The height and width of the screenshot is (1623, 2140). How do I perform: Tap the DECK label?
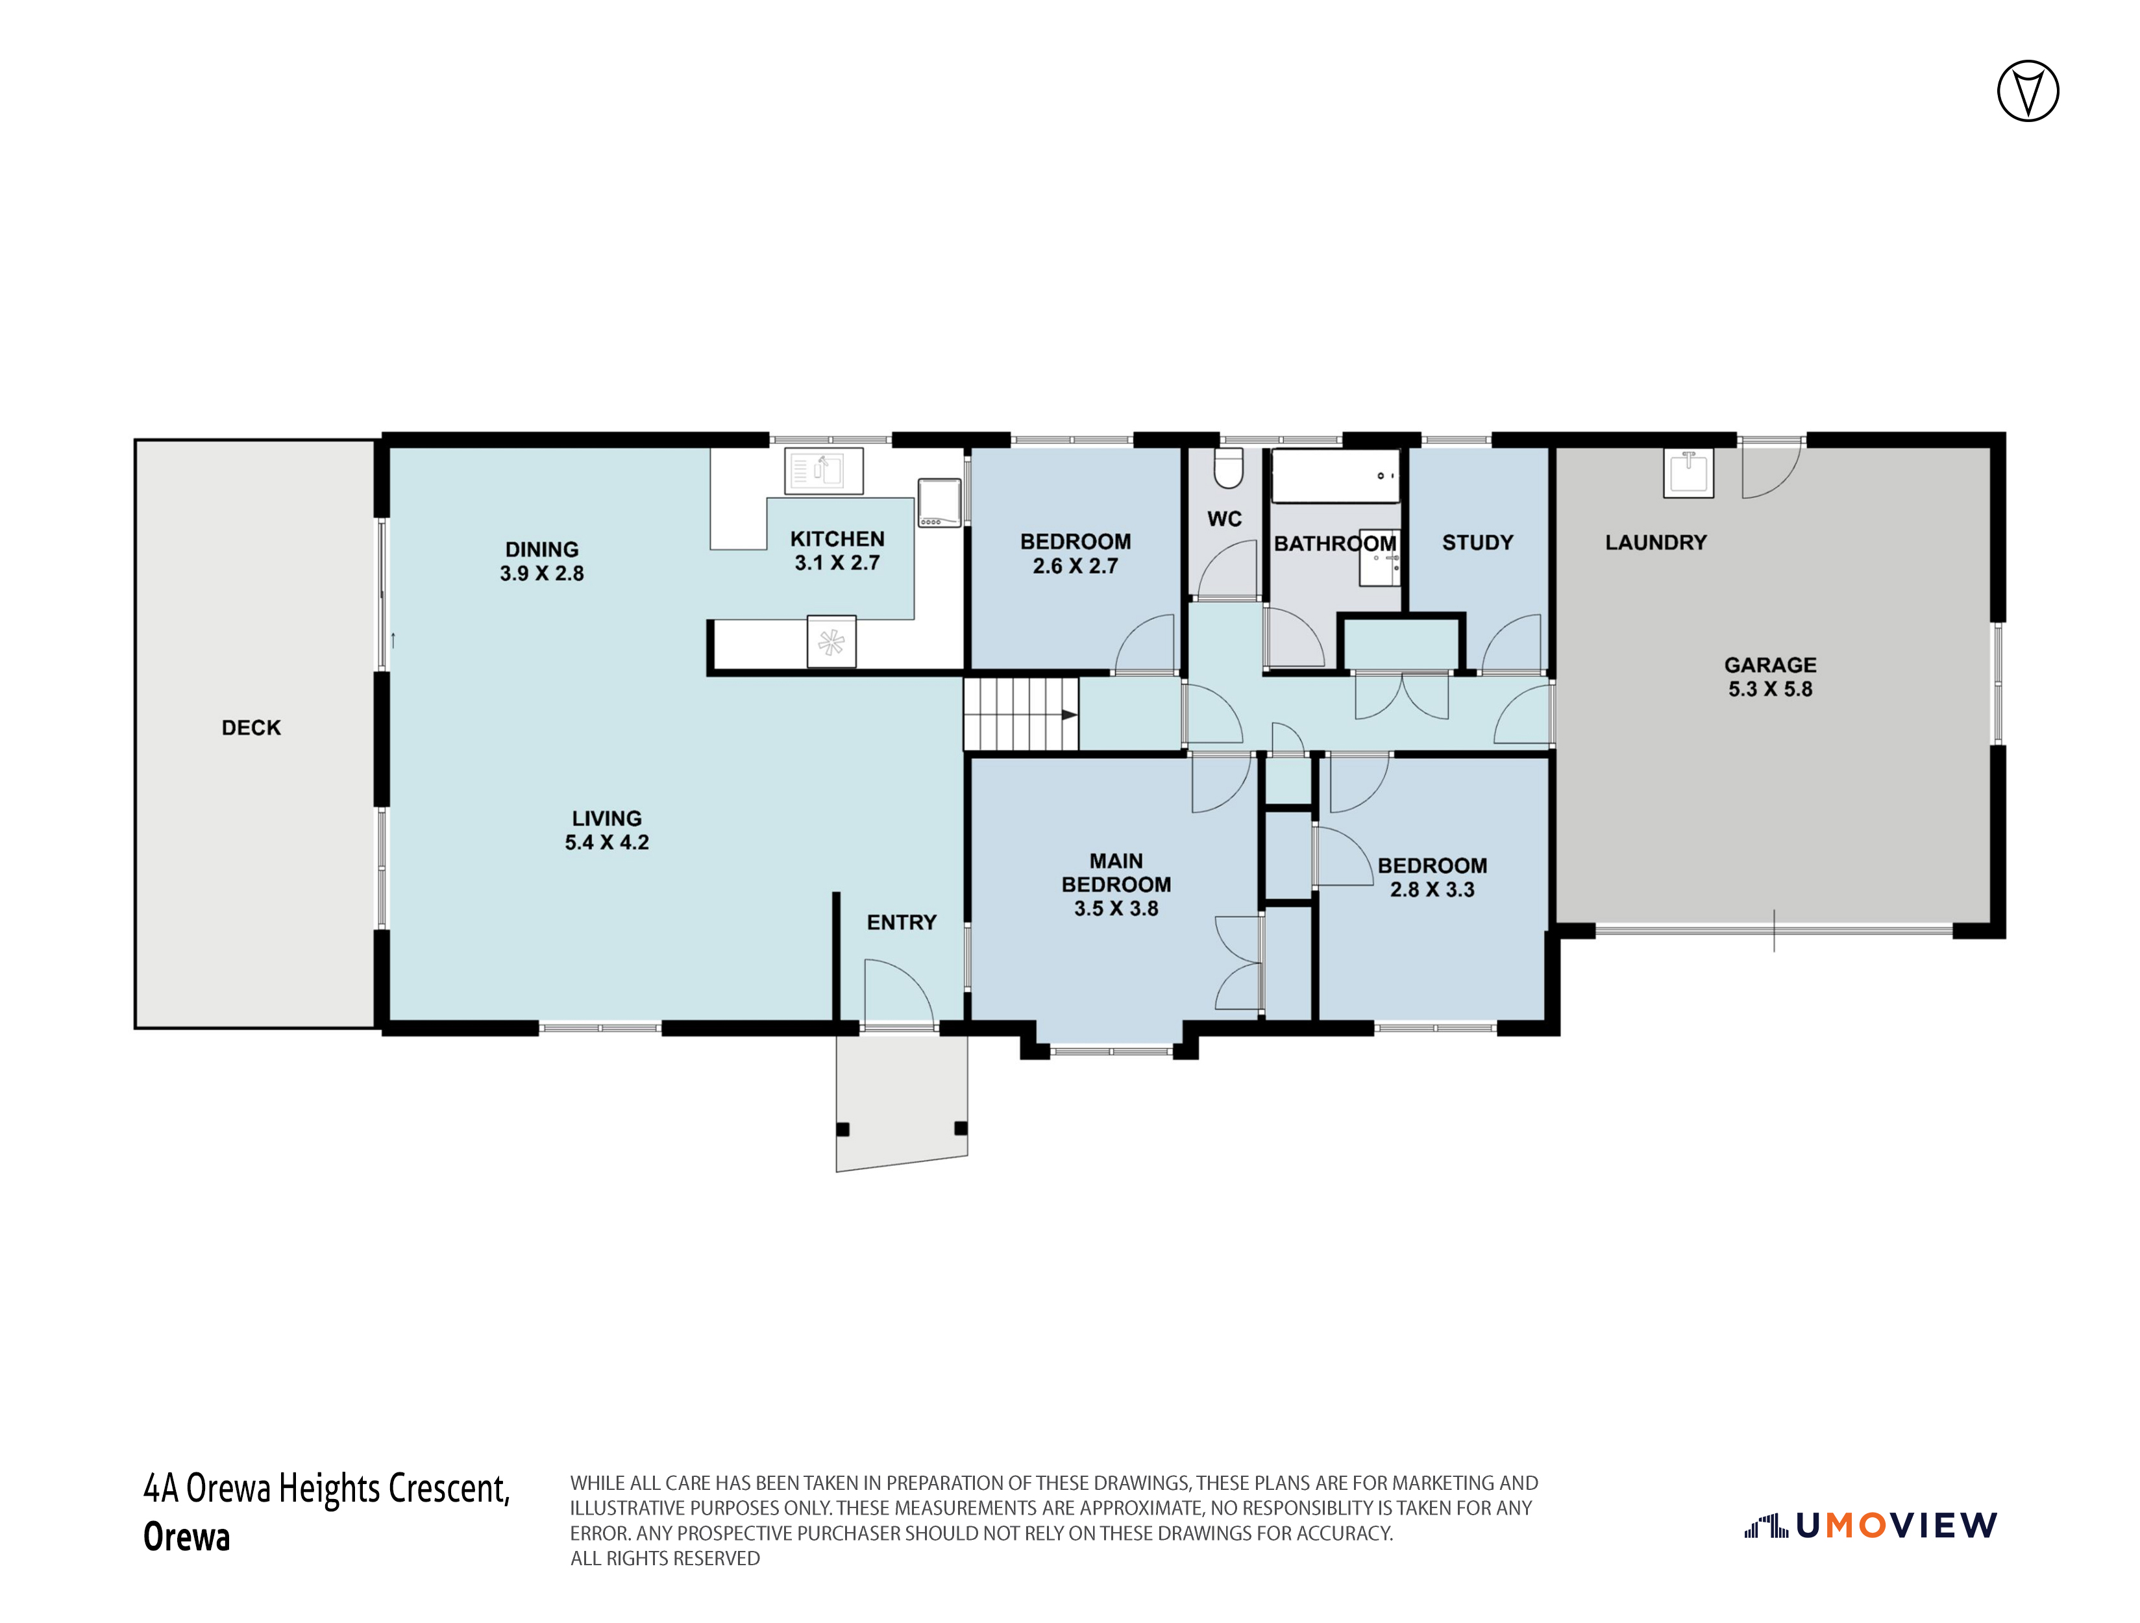coord(252,728)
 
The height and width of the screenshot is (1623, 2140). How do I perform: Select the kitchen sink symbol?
coord(823,471)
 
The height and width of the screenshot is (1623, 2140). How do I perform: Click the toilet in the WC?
coord(1227,469)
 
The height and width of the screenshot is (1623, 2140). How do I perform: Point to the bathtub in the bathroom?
coord(1335,476)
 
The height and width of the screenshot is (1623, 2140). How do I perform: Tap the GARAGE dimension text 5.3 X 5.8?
coord(1771,689)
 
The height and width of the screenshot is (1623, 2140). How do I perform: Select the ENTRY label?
coord(902,923)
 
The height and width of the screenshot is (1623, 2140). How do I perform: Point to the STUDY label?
coord(1477,543)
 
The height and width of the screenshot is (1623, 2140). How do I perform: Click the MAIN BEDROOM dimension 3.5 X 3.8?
coord(1116,908)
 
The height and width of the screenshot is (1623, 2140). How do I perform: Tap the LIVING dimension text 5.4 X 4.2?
coord(607,842)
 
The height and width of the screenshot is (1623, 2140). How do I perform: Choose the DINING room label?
coord(542,549)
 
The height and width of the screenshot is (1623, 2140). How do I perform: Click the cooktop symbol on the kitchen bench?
coord(939,502)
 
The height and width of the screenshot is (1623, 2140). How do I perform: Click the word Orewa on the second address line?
coord(187,1536)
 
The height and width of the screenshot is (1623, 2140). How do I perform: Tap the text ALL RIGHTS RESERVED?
coord(665,1558)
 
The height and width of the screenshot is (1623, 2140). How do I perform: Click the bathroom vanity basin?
coord(1379,558)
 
